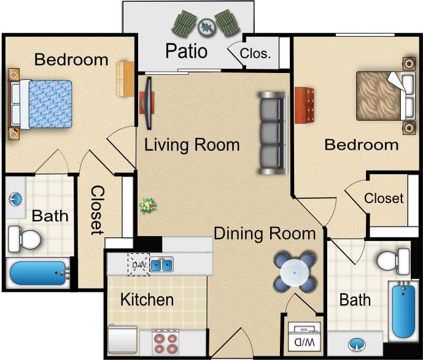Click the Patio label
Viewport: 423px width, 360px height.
(x=186, y=50)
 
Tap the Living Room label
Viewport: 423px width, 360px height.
(x=192, y=145)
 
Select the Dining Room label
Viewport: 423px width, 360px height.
(x=264, y=234)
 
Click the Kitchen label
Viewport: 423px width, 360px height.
(x=147, y=300)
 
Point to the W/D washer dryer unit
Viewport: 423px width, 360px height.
(x=304, y=338)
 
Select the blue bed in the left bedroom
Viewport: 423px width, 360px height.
(x=41, y=104)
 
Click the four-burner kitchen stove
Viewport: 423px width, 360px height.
(x=165, y=342)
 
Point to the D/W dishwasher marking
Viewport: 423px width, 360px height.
(x=138, y=264)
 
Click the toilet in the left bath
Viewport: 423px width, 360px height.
(x=24, y=238)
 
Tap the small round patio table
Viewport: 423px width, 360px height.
(x=206, y=26)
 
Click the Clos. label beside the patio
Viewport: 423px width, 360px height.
(x=255, y=53)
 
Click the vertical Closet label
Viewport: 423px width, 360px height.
(x=97, y=210)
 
